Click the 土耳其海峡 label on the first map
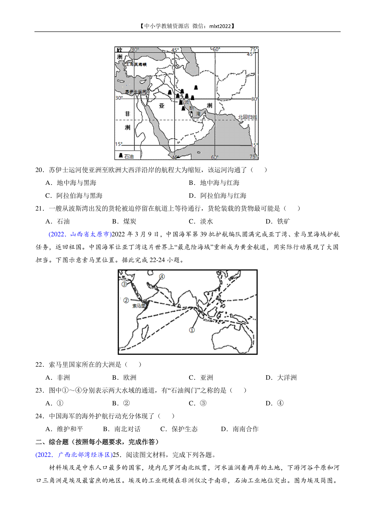136,64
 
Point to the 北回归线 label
247,117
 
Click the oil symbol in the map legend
121,155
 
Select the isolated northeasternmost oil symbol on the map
196,88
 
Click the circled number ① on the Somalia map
192,330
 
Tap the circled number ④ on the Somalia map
162,276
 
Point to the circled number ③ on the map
124,284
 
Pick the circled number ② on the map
126,300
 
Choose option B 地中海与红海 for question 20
214,183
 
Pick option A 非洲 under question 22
58,378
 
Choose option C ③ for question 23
197,403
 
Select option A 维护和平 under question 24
64,429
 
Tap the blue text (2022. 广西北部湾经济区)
74,455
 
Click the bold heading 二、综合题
52,442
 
